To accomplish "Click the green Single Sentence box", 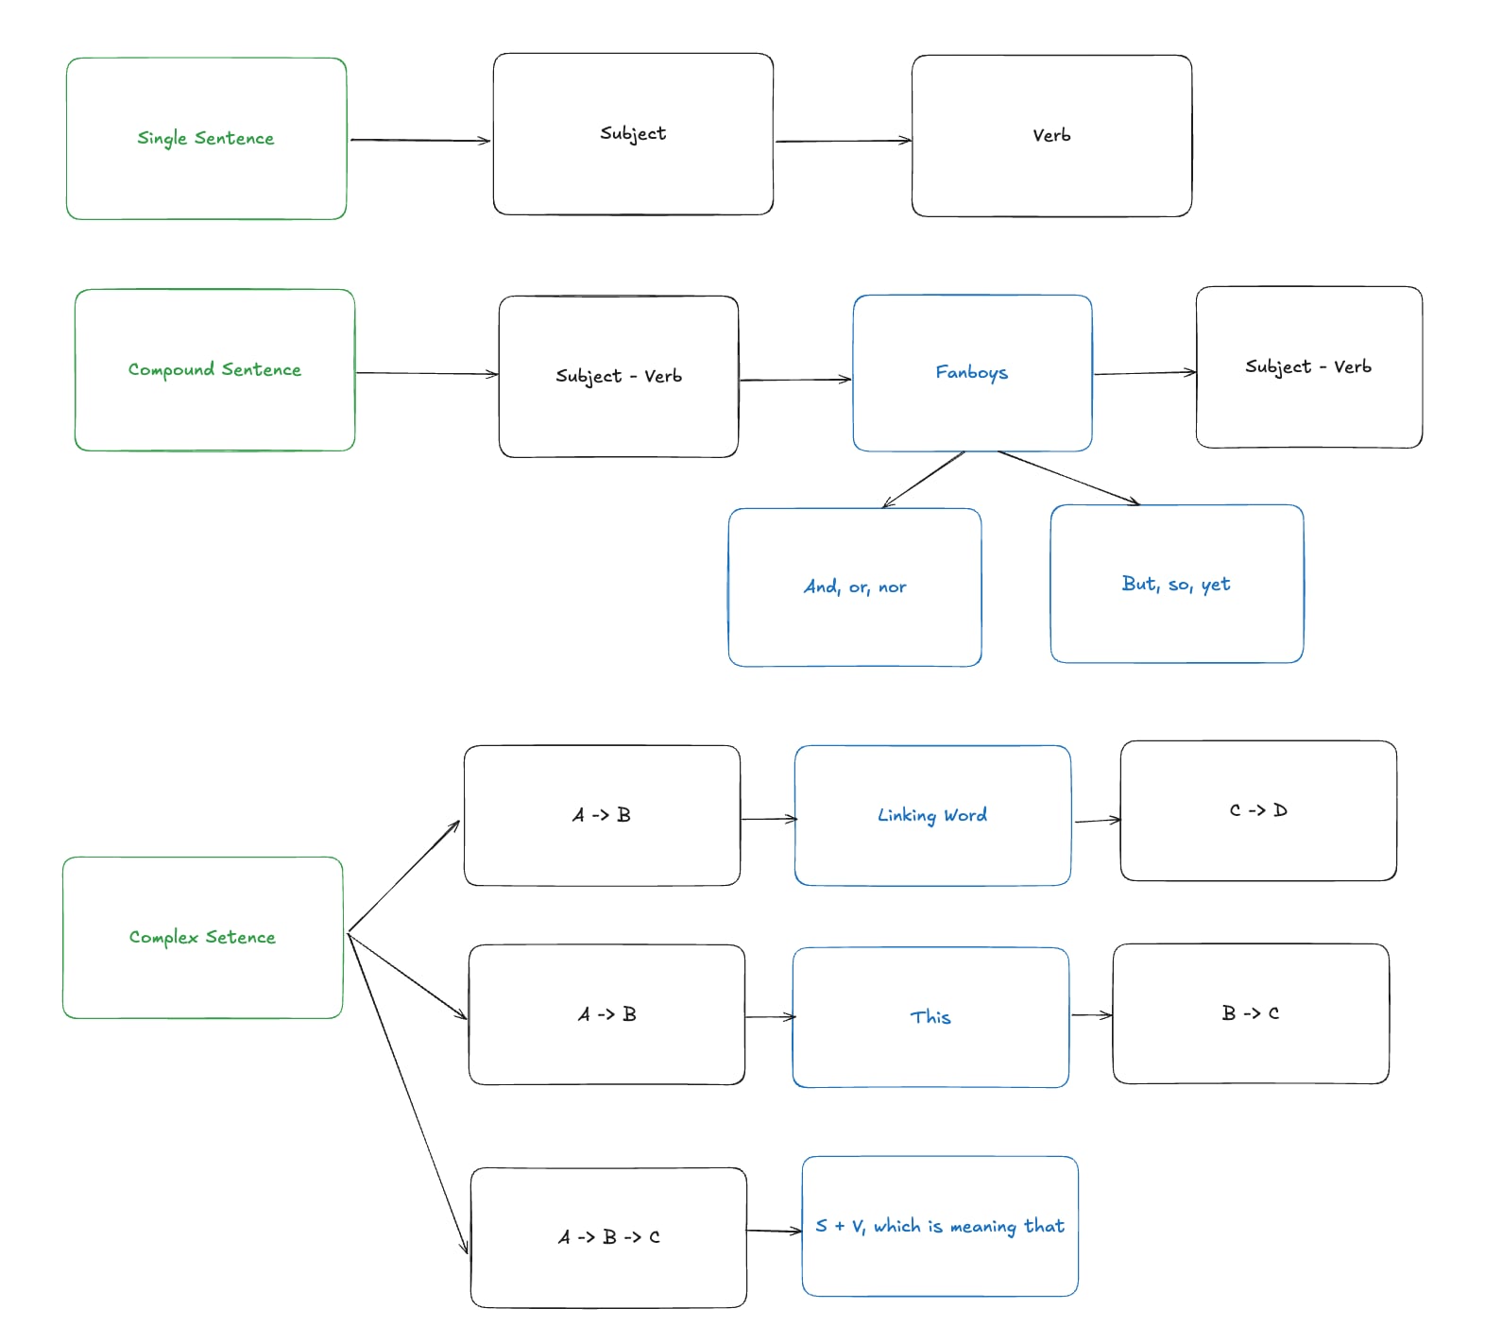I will click(206, 139).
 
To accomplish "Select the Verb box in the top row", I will click(1051, 136).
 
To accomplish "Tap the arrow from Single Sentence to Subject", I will click(420, 141).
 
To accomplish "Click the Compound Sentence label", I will click(214, 369).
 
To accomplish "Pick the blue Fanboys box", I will click(972, 373).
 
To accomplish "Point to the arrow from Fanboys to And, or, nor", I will click(924, 480).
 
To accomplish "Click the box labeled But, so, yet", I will click(1176, 584).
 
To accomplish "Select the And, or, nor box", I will click(855, 587).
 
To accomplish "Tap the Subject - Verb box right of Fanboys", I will click(1308, 367).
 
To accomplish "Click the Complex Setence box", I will click(202, 938).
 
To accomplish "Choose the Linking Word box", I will click(932, 815).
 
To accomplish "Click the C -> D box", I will click(1258, 810).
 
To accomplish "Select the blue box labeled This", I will click(930, 1017).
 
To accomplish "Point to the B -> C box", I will click(1251, 1013).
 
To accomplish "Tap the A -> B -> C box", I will click(608, 1237).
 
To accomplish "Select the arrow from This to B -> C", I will click(1091, 1015).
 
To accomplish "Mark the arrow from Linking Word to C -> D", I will click(1097, 820).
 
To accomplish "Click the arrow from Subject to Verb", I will click(843, 142).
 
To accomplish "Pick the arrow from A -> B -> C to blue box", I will click(774, 1231).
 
